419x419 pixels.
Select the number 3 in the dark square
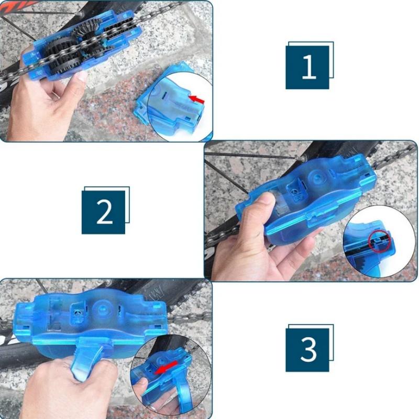pyautogui.click(x=308, y=349)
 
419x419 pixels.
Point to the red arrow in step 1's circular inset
pyautogui.click(x=196, y=98)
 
